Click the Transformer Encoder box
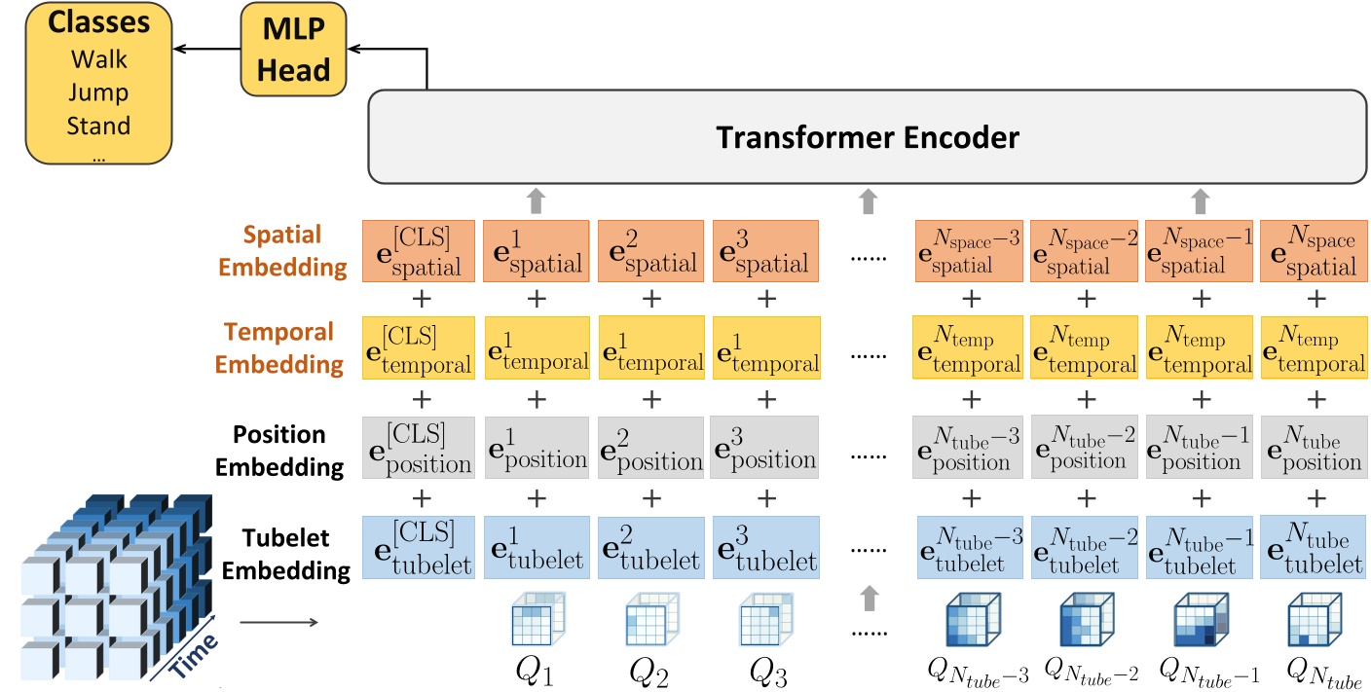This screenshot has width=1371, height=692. coord(867,136)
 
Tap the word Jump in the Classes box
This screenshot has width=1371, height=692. coord(98,93)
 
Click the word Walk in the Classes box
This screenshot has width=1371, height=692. coord(98,60)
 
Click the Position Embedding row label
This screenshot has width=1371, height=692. coord(279,450)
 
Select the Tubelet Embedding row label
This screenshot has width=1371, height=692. coord(285,553)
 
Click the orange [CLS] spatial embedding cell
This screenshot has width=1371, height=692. coord(418,250)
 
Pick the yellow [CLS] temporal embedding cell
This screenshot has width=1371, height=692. coord(418,348)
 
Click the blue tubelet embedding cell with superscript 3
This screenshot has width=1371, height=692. coord(765,548)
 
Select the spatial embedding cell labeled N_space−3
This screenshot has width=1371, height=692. coord(969,250)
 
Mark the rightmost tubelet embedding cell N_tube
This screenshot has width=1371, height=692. coord(1313,548)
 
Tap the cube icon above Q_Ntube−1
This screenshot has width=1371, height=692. coord(1201,619)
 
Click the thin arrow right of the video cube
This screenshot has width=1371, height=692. coord(277,620)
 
